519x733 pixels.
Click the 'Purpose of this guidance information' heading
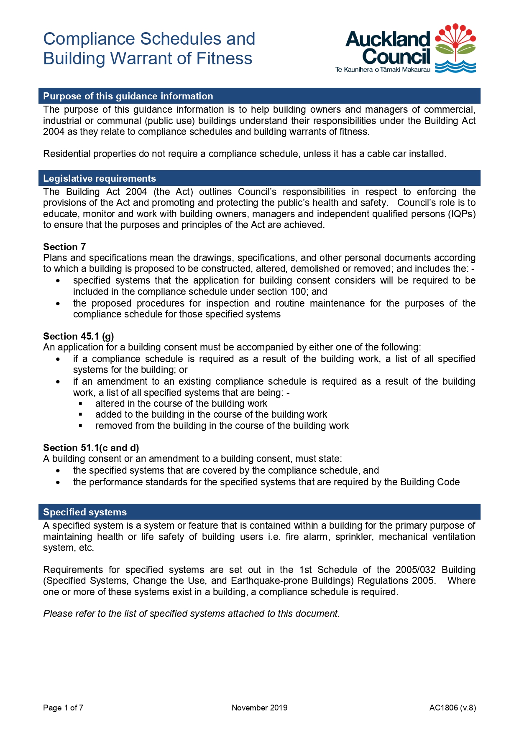(128, 96)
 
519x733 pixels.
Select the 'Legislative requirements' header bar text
(100, 178)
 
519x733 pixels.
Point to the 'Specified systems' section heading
(85, 512)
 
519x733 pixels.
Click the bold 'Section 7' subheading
(64, 247)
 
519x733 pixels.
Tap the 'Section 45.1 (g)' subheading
(79, 336)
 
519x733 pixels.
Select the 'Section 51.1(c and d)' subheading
(91, 448)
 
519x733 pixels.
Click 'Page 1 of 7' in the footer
(63, 708)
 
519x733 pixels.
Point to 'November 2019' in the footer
(259, 708)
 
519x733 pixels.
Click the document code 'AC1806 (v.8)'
(453, 708)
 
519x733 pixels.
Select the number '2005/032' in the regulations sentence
(415, 570)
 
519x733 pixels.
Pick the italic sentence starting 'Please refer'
(191, 614)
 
